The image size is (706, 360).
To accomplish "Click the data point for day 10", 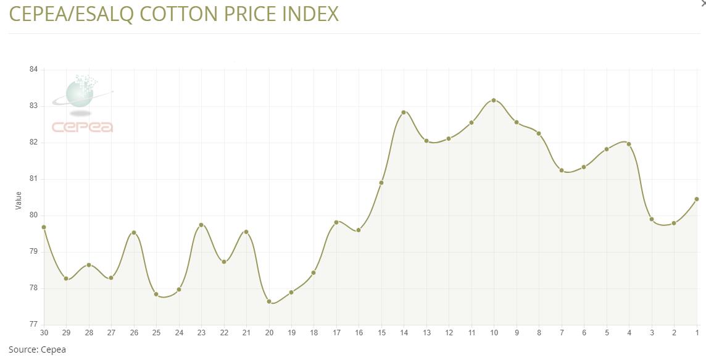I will pyautogui.click(x=494, y=100).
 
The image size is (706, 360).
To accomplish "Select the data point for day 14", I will pyautogui.click(x=404, y=112).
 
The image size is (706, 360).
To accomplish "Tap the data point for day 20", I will pyautogui.click(x=269, y=301).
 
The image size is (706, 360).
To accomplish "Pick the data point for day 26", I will pyautogui.click(x=134, y=233).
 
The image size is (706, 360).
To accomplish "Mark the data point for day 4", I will pyautogui.click(x=629, y=144).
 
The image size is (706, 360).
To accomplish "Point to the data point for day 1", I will pyautogui.click(x=697, y=199).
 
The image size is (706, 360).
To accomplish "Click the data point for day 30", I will pyautogui.click(x=44, y=227).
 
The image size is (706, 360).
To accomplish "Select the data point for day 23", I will pyautogui.click(x=201, y=225).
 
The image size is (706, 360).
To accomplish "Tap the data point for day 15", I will pyautogui.click(x=381, y=183).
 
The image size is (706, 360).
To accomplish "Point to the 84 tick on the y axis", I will pyautogui.click(x=33, y=69).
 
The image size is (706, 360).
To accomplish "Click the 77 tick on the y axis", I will pyautogui.click(x=33, y=324).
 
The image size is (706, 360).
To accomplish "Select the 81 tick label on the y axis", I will pyautogui.click(x=33, y=178).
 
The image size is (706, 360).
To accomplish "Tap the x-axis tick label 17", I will pyautogui.click(x=336, y=333).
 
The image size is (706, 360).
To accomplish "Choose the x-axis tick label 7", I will pyautogui.click(x=562, y=333).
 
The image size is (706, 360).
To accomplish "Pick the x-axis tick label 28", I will pyautogui.click(x=89, y=333).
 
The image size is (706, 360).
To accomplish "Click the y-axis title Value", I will pyautogui.click(x=19, y=200).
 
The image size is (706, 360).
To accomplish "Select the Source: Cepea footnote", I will pyautogui.click(x=37, y=350).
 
